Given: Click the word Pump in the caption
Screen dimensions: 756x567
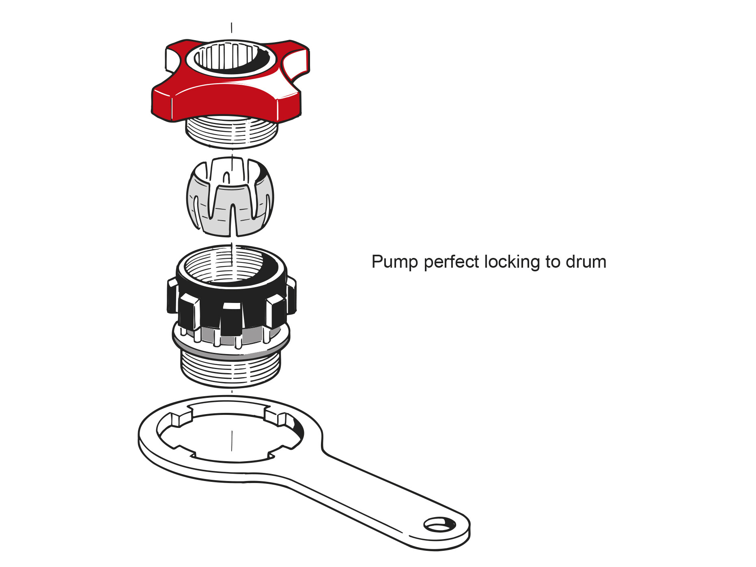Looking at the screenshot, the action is click(395, 262).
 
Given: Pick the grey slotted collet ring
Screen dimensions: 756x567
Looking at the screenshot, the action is click(230, 197).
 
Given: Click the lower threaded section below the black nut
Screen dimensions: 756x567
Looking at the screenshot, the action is click(230, 369).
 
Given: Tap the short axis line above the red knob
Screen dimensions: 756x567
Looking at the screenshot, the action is click(232, 28).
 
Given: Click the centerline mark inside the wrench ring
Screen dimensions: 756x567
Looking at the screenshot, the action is click(232, 440).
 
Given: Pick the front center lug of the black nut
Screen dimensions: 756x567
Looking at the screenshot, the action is click(232, 318).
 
